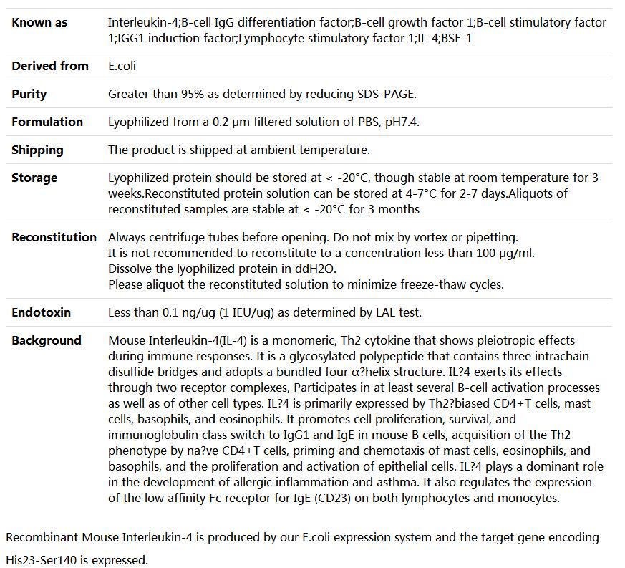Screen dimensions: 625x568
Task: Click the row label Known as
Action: click(x=39, y=22)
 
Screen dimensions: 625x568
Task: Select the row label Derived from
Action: click(x=50, y=66)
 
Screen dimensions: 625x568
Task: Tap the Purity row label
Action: click(x=29, y=94)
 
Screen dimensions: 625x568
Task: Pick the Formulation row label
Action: click(x=47, y=122)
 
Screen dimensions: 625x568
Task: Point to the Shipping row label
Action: click(x=37, y=150)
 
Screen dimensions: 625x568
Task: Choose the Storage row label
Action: click(x=34, y=178)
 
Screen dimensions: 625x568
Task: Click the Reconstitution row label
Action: click(x=54, y=237)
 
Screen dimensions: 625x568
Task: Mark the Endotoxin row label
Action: click(x=41, y=312)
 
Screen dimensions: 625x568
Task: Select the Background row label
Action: click(x=47, y=340)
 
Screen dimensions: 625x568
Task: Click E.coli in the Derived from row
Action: click(x=122, y=66)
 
